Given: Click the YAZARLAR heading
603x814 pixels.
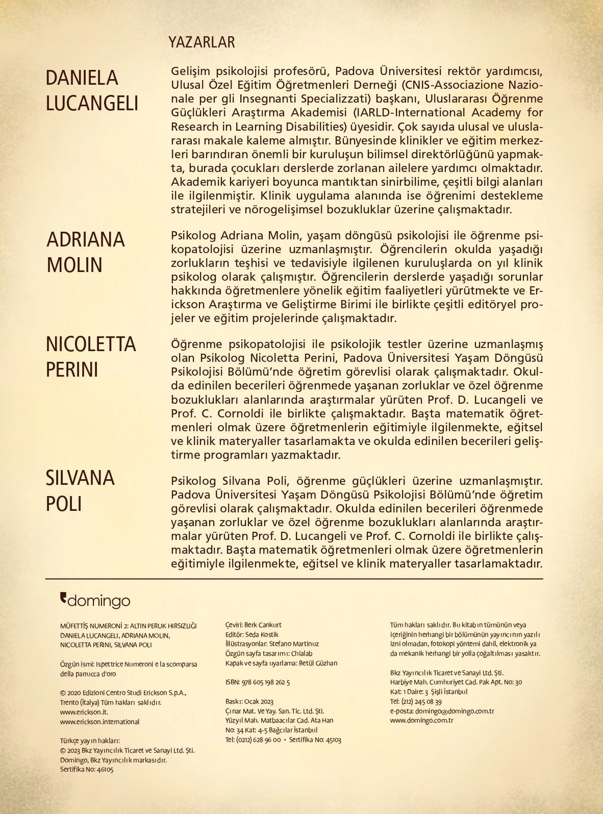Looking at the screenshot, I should coord(202,42).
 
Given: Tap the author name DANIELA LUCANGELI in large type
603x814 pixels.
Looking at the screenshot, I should coord(92,90).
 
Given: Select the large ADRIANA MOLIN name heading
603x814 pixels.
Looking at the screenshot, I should coord(86,252).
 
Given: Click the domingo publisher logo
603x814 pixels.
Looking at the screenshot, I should coord(95,601).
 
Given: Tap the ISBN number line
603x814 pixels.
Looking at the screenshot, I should coord(257,682).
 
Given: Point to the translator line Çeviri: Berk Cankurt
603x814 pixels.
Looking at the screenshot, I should coord(253,625).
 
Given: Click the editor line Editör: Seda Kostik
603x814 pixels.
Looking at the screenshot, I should coord(252,634).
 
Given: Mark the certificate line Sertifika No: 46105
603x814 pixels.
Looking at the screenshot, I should coord(87,769).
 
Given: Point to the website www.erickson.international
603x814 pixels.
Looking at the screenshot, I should coord(99,722).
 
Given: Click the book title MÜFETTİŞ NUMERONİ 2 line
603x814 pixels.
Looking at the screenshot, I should coord(128,626).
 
